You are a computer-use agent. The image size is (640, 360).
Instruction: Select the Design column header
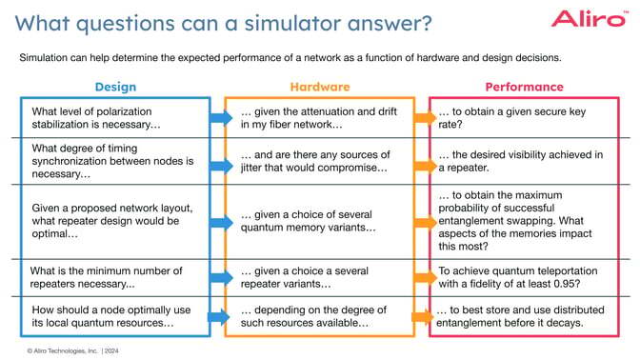click(x=115, y=87)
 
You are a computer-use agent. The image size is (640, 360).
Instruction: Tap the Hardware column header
click(x=319, y=87)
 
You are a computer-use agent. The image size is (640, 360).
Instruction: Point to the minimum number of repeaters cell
click(x=105, y=277)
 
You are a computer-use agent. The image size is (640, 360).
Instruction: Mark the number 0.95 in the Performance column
click(x=588, y=284)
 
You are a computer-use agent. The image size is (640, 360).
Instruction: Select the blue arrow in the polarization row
click(x=220, y=118)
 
